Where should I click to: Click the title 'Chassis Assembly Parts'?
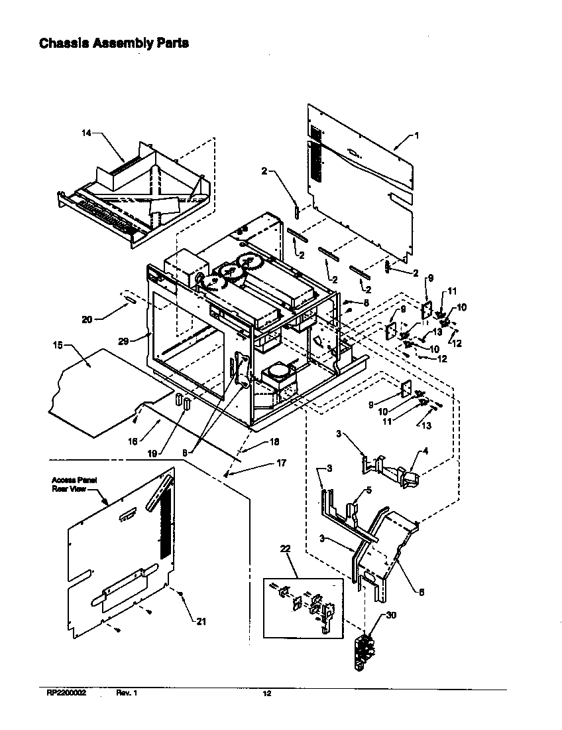[x=114, y=43]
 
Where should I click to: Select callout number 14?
[x=86, y=133]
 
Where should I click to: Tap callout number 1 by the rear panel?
[x=416, y=135]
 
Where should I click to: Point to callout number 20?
[x=86, y=319]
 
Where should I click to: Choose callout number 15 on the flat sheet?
[x=58, y=345]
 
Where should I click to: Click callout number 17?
[x=281, y=463]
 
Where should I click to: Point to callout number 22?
[x=286, y=548]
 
